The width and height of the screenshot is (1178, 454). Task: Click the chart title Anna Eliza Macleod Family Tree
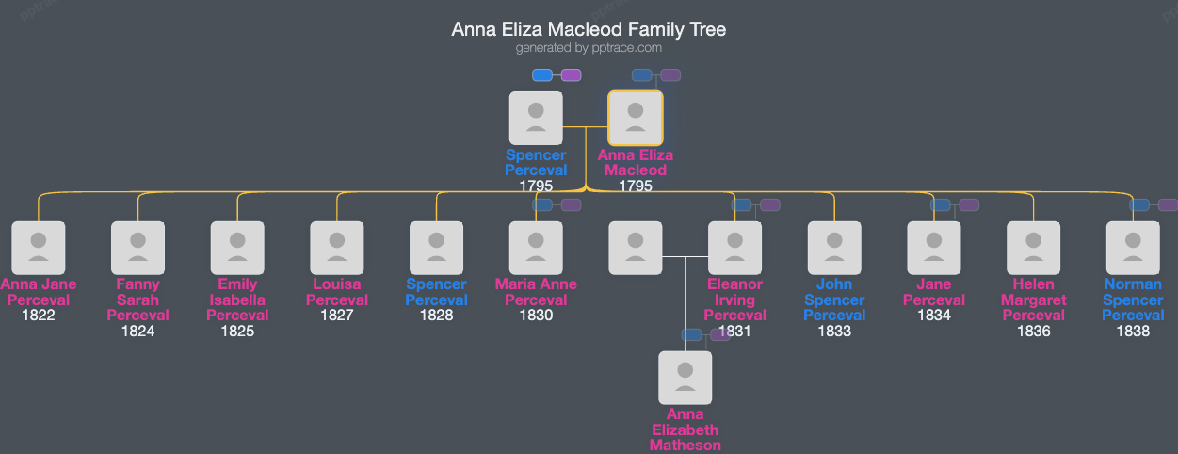click(x=589, y=29)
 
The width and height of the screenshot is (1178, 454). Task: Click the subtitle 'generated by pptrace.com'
click(x=589, y=48)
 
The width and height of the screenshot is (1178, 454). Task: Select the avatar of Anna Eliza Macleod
click(x=636, y=118)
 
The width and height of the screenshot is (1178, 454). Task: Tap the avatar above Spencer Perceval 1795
click(x=536, y=118)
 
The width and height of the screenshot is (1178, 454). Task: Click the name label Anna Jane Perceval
click(x=39, y=292)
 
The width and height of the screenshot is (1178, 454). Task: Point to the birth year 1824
click(x=137, y=331)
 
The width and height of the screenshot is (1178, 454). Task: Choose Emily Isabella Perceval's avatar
click(x=237, y=248)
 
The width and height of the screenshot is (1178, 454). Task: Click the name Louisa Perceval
click(x=337, y=292)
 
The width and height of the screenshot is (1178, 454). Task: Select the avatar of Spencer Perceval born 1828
click(x=436, y=248)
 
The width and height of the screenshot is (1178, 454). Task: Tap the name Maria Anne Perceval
click(x=536, y=292)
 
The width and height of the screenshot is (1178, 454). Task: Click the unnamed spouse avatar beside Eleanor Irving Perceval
click(x=636, y=248)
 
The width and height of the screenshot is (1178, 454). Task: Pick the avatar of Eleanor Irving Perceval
click(x=734, y=248)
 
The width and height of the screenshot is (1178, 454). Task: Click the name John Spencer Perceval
click(x=834, y=300)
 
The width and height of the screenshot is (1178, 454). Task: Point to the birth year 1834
click(x=934, y=316)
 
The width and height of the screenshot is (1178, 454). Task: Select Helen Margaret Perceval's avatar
click(x=1033, y=248)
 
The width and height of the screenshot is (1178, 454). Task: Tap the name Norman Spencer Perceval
click(x=1133, y=300)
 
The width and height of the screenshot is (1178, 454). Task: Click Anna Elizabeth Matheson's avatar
click(x=685, y=378)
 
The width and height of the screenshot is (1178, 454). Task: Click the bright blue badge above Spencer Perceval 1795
click(x=542, y=75)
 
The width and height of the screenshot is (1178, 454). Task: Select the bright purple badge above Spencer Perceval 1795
click(x=571, y=75)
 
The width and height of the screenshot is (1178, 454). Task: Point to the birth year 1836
click(x=1033, y=331)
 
